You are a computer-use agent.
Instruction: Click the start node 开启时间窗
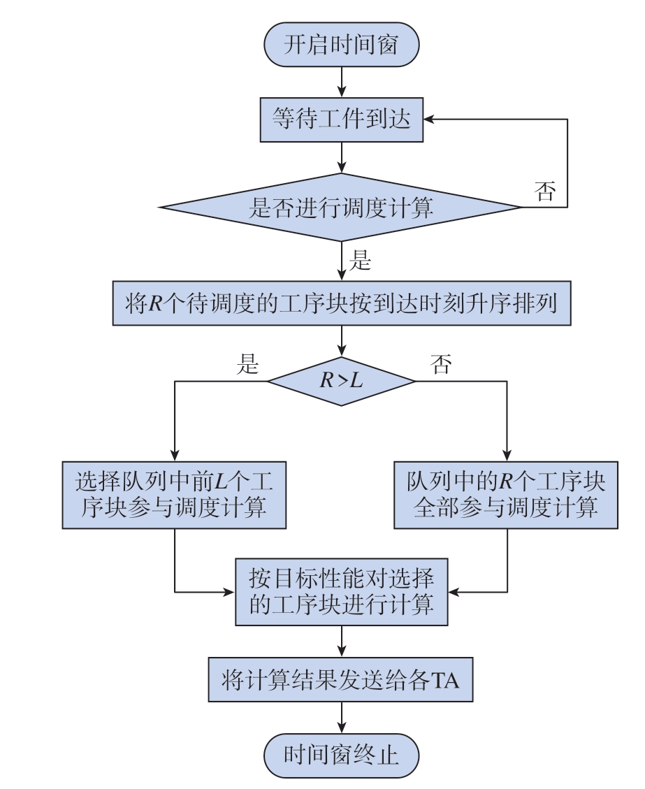[341, 44]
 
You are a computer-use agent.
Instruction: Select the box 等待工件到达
[341, 120]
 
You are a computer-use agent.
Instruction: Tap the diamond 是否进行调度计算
[341, 207]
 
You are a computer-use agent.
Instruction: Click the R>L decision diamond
[341, 381]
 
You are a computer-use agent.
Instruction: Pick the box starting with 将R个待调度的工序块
[341, 303]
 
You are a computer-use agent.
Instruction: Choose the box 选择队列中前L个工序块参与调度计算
[174, 495]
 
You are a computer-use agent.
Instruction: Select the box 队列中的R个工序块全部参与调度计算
[506, 495]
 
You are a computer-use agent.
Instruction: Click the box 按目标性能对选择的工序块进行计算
[341, 592]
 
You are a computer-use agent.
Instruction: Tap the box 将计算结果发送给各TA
[340, 679]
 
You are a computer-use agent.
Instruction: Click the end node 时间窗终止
[341, 755]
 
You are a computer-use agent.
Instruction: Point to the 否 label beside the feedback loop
[545, 191]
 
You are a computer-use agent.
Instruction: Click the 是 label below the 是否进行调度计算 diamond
[360, 261]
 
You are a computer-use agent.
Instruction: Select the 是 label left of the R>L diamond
[247, 363]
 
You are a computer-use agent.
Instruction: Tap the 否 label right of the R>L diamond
[441, 363]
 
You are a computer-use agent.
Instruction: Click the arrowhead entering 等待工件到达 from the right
[428, 120]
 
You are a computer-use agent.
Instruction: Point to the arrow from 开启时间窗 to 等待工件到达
[342, 82]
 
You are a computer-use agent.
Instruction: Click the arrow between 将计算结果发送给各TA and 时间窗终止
[342, 718]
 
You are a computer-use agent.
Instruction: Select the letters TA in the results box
[444, 680]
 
